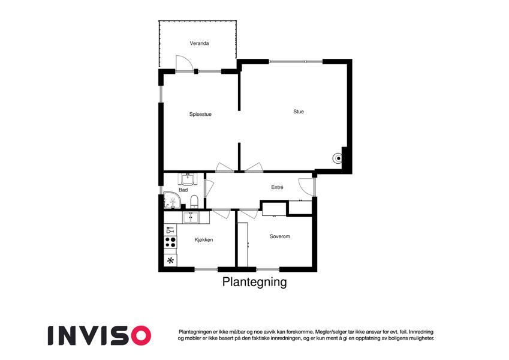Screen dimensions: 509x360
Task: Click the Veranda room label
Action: pos(199,43)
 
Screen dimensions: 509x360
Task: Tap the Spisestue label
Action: pos(200,115)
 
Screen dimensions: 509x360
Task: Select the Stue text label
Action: pos(299,112)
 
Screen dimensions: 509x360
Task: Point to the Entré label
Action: pos(277,187)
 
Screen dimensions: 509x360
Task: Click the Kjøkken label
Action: pos(204,240)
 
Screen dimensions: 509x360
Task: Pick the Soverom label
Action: pos(279,236)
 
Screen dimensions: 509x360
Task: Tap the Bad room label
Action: pos(183,190)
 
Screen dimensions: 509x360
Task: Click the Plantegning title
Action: pos(254,282)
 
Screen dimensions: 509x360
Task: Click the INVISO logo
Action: pos(100,335)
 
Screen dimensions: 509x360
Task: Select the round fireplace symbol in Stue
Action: pos(338,158)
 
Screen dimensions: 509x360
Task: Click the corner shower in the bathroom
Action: pos(172,200)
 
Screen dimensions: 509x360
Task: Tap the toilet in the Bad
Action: pos(194,202)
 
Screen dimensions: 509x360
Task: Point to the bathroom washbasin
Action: pos(188,179)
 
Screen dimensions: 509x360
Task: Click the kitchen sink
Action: pos(191,217)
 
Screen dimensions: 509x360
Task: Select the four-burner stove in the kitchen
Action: pos(170,242)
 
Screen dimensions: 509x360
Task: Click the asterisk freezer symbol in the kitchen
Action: pos(170,260)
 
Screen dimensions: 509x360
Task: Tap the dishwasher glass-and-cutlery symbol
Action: pos(170,230)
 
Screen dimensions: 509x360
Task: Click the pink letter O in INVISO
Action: pos(140,335)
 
